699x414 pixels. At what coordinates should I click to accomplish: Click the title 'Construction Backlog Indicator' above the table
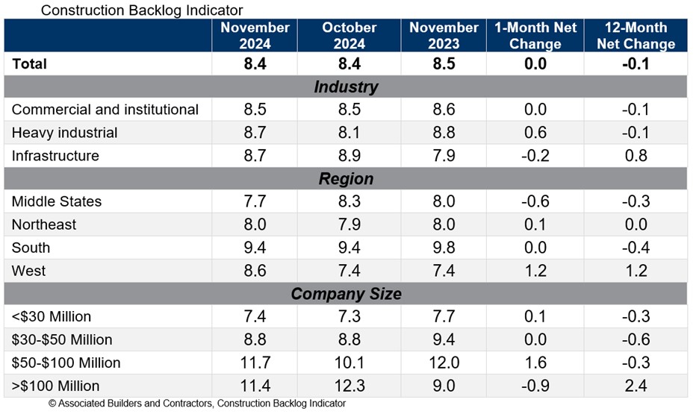click(142, 10)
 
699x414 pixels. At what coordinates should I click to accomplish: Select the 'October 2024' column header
click(349, 35)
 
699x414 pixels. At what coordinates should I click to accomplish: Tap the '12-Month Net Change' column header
click(636, 35)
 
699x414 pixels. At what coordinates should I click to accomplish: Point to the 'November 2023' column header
click(444, 35)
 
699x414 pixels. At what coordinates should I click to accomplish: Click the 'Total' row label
click(29, 63)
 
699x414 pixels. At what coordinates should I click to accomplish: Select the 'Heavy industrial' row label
click(65, 133)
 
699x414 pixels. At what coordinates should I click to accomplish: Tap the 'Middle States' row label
click(57, 201)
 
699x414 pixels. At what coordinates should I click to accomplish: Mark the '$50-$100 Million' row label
click(66, 363)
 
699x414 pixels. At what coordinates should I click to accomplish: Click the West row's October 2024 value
click(349, 271)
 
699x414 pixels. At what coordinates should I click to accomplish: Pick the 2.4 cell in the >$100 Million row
click(636, 386)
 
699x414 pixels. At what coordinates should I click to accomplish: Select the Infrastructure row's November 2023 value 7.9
click(444, 156)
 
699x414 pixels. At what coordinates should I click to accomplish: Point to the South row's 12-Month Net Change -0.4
click(636, 248)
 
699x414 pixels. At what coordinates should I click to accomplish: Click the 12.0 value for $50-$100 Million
click(444, 363)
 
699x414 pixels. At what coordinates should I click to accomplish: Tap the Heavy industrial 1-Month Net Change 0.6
click(535, 133)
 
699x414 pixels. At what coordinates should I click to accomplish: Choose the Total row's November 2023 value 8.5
click(444, 63)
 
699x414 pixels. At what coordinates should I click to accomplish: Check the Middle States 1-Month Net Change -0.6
click(535, 201)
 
